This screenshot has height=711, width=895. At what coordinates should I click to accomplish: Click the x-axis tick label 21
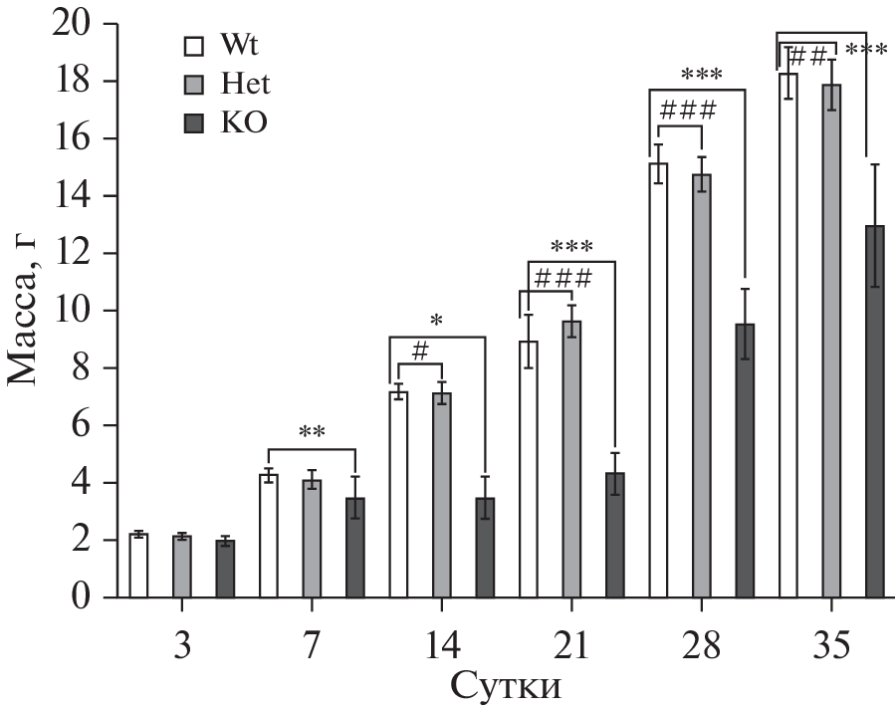point(571,646)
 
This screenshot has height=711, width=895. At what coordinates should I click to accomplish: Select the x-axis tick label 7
point(312,646)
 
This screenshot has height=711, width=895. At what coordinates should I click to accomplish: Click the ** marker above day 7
point(312,433)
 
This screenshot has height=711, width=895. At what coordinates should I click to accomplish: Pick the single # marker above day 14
point(419,351)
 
